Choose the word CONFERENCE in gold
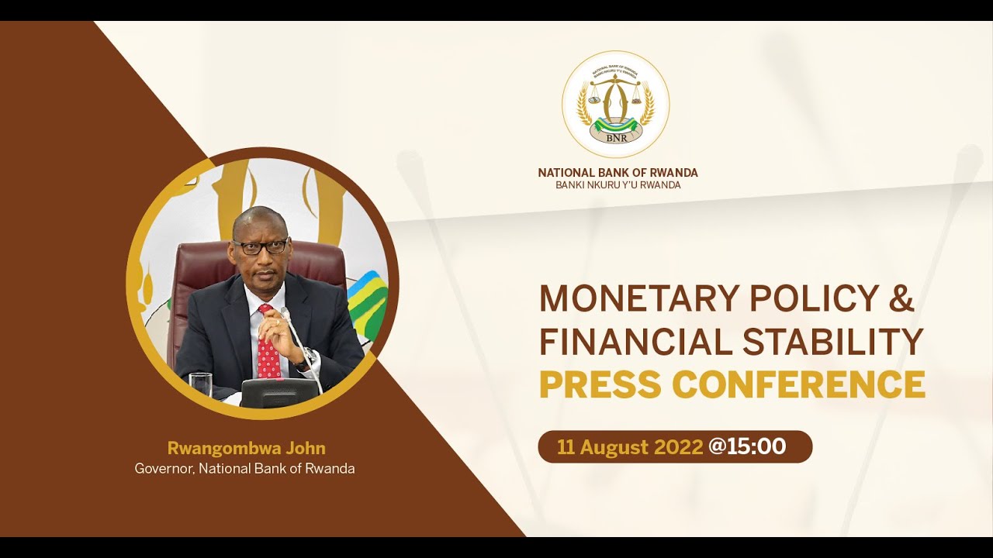click(x=799, y=385)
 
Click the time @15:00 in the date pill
click(x=747, y=446)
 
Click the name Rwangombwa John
click(x=246, y=448)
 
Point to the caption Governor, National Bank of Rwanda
click(x=244, y=468)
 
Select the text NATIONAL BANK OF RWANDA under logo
click(x=618, y=173)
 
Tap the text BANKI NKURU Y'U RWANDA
click(x=618, y=185)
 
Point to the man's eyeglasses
click(x=260, y=247)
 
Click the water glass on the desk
click(x=200, y=384)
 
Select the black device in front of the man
click(x=279, y=392)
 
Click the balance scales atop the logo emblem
click(x=615, y=87)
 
